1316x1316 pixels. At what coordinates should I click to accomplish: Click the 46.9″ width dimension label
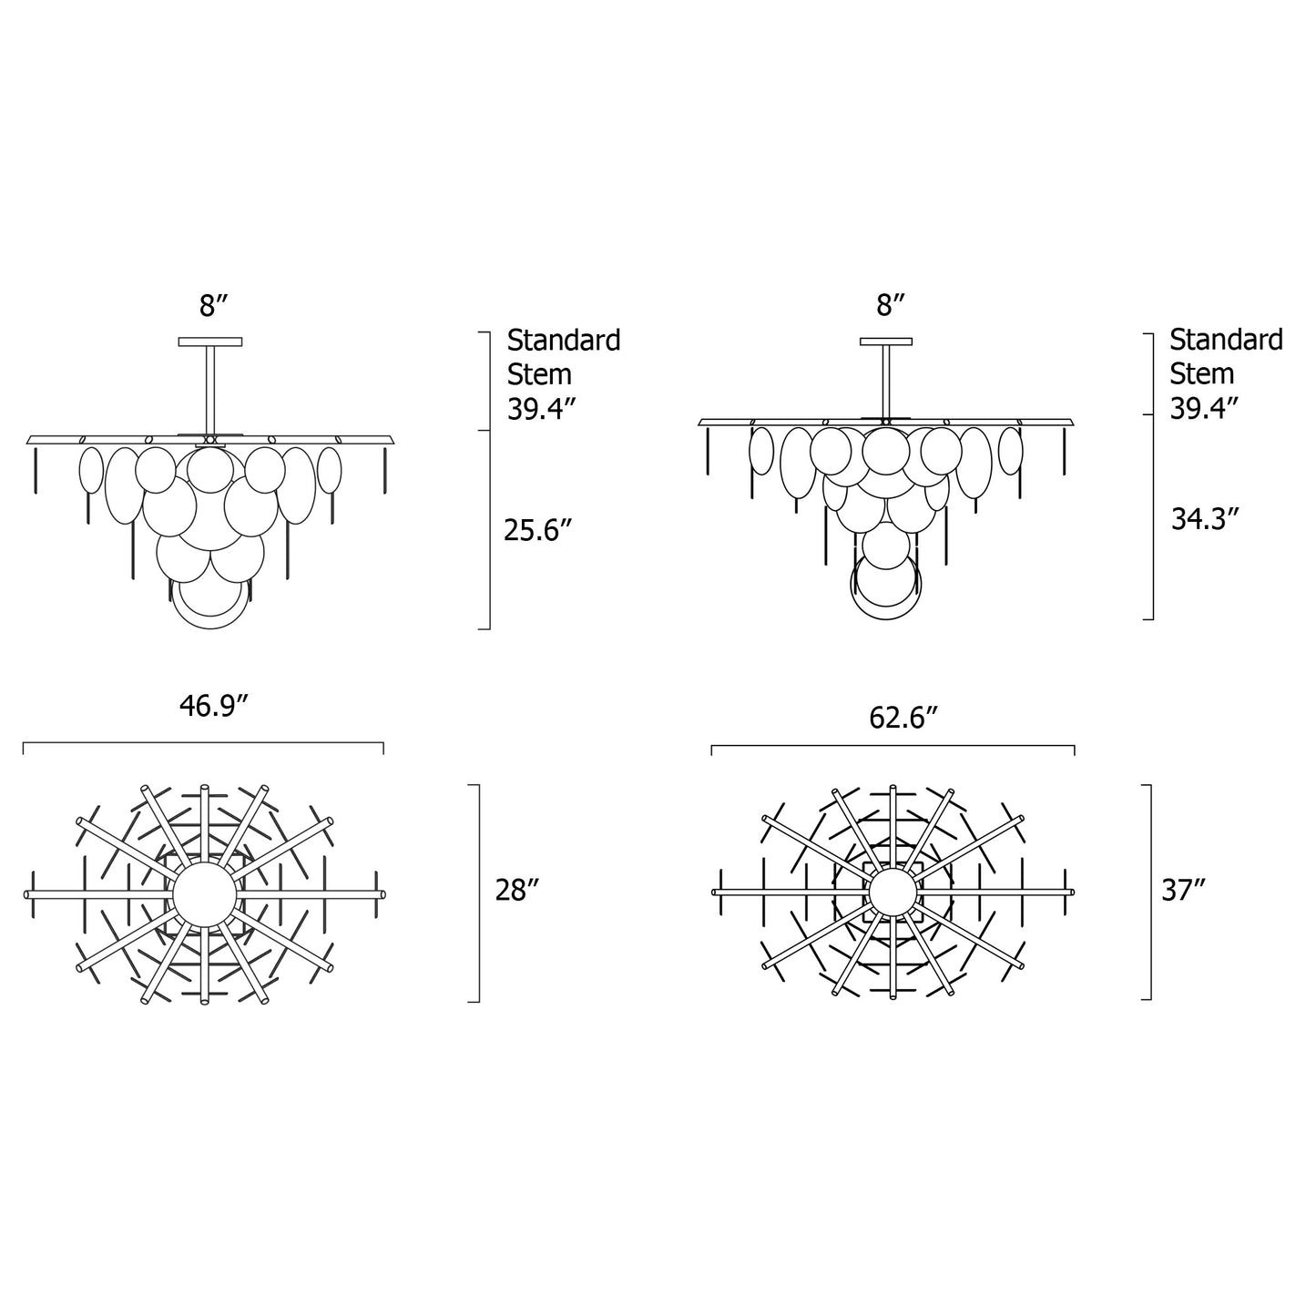point(212,706)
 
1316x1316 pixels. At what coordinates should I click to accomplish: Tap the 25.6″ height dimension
point(536,530)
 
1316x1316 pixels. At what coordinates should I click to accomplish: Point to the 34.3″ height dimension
point(1205,519)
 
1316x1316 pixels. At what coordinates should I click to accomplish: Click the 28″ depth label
point(517,891)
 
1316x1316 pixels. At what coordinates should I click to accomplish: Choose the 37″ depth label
point(1184,891)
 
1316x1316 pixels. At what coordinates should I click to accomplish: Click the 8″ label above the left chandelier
point(213,305)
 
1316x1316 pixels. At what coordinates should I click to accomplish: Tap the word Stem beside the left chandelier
point(539,374)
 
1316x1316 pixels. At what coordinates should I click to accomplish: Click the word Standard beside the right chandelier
point(1227,340)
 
